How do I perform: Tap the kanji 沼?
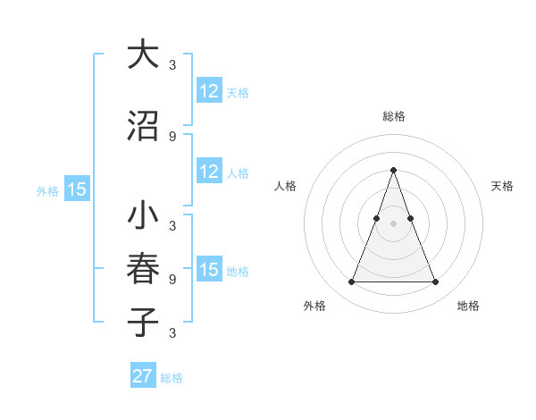click(x=143, y=126)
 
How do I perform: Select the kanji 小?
click(x=143, y=215)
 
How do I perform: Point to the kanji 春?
click(x=143, y=269)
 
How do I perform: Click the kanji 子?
click(x=143, y=322)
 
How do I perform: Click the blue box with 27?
click(x=143, y=376)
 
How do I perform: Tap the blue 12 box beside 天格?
click(x=209, y=91)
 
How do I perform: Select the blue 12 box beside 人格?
click(x=209, y=172)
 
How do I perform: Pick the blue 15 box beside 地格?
click(x=209, y=270)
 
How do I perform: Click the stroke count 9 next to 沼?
click(x=172, y=136)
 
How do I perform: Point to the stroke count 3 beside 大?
click(x=172, y=64)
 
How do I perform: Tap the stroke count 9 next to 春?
click(x=172, y=279)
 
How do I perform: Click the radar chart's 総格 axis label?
click(x=393, y=116)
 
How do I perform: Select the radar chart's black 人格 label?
click(x=285, y=186)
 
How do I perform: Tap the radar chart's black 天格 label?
click(x=502, y=186)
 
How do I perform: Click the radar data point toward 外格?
click(x=351, y=282)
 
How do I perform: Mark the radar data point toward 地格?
click(x=435, y=282)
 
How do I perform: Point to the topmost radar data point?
click(x=393, y=170)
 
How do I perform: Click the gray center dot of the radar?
click(x=393, y=223)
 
